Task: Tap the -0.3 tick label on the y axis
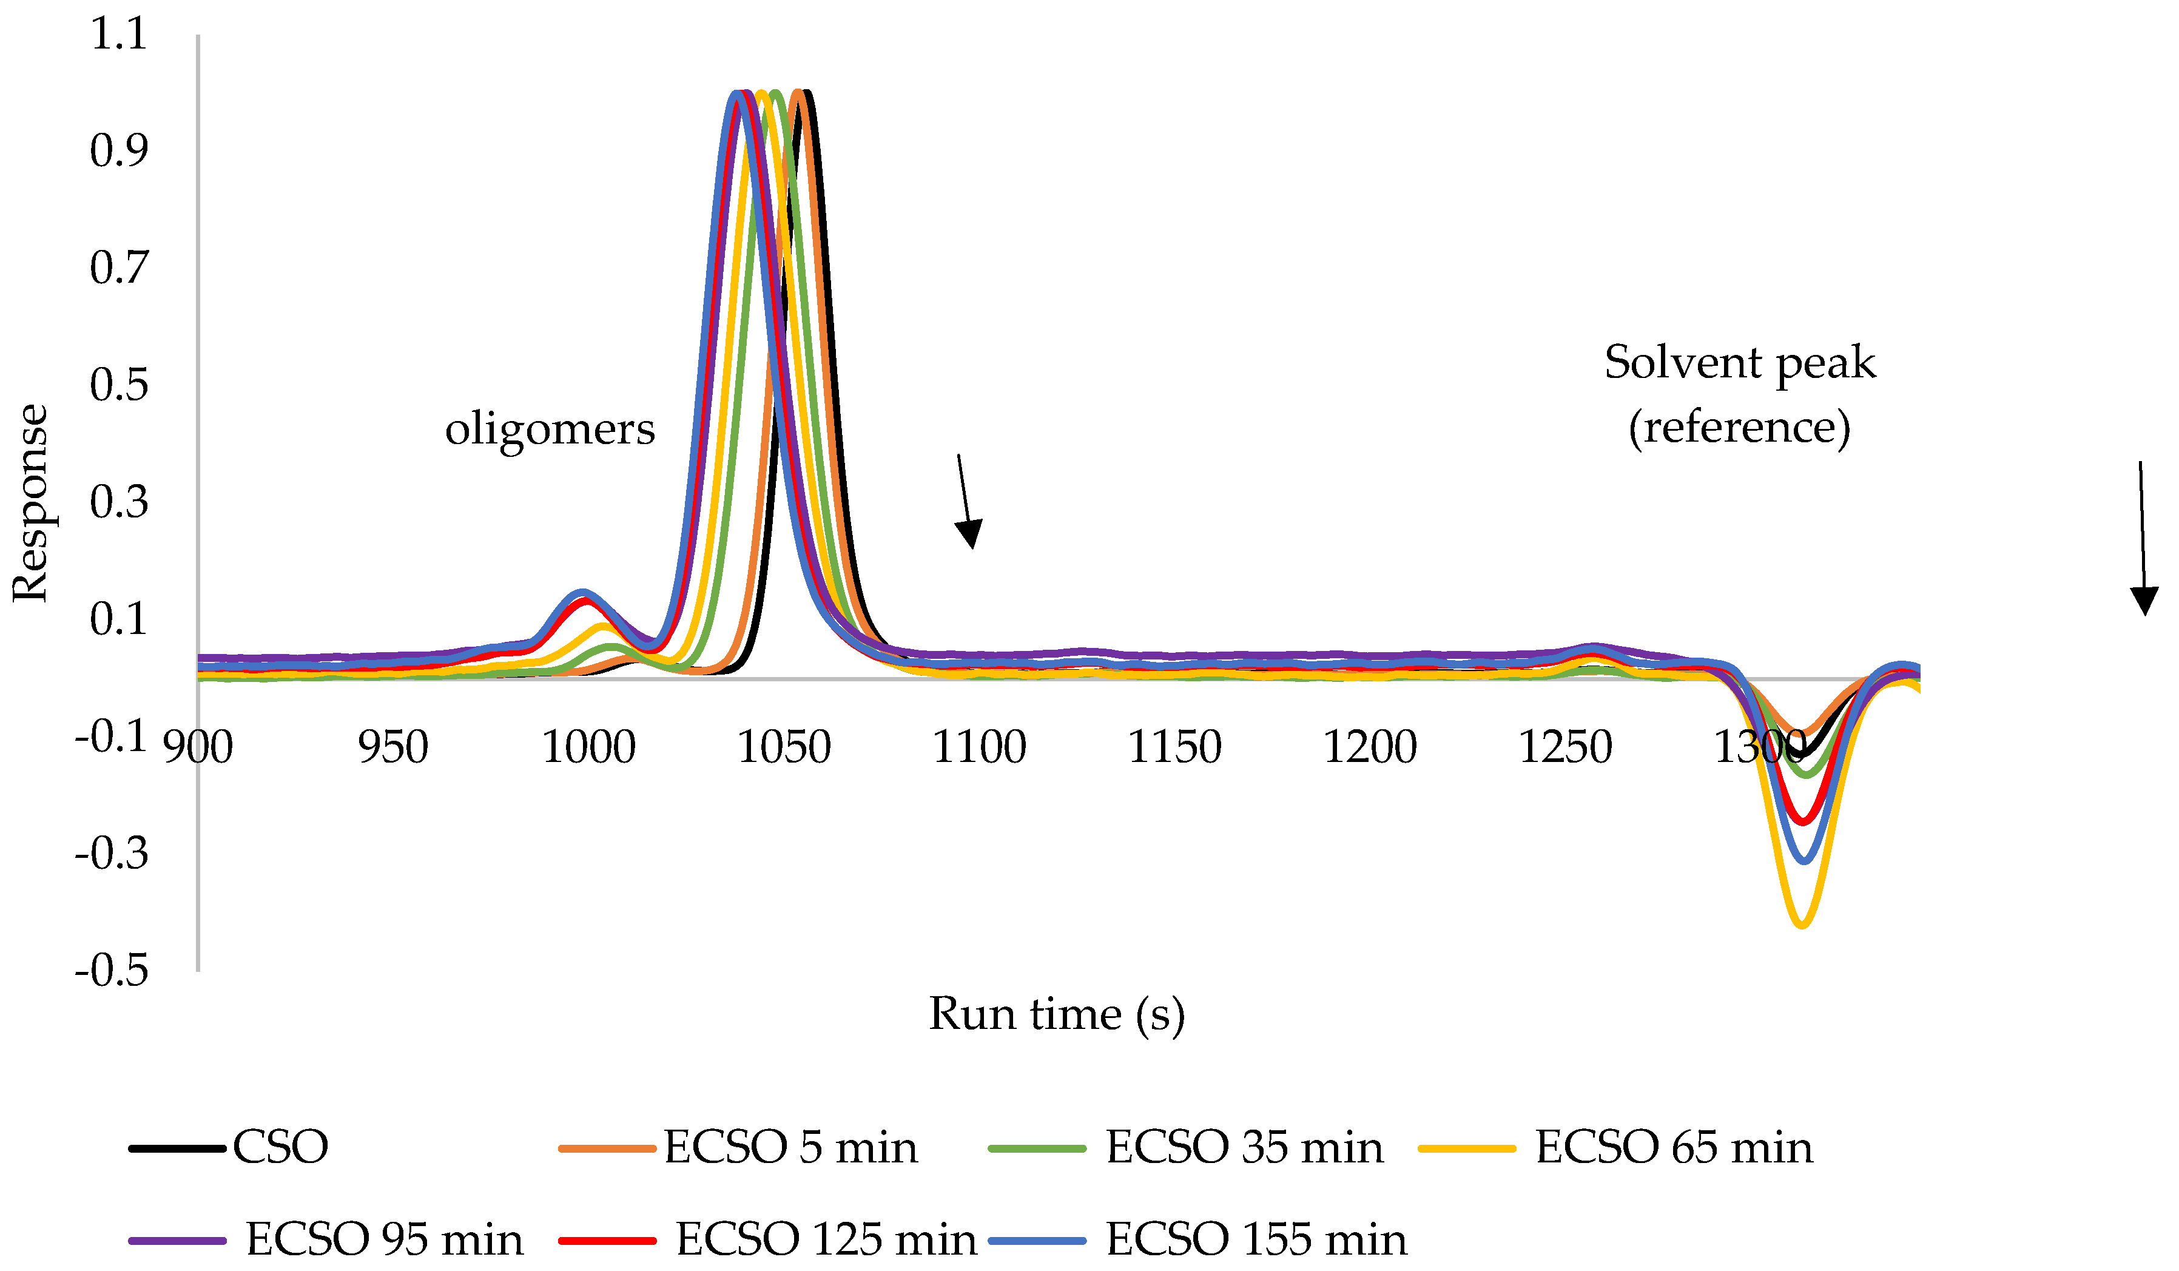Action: click(112, 854)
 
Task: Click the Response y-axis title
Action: click(30, 503)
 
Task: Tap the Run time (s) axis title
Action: click(1057, 1014)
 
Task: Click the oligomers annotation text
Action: click(550, 430)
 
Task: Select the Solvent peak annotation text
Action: click(1740, 363)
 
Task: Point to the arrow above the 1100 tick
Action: click(966, 502)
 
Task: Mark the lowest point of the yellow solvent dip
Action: click(1802, 926)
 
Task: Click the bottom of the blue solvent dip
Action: click(1803, 861)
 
